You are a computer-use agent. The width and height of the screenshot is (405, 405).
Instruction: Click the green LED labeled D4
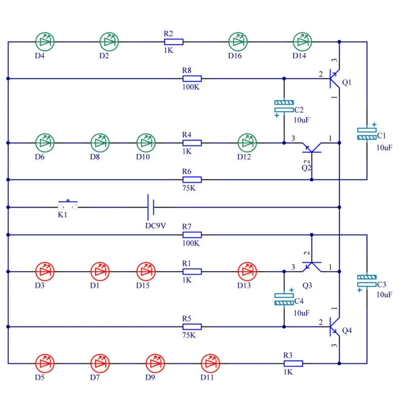click(x=45, y=42)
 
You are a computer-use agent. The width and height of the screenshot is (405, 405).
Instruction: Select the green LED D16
click(x=238, y=42)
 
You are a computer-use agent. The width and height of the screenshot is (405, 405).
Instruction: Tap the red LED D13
click(x=247, y=271)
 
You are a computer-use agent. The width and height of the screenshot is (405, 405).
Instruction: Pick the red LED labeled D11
click(x=210, y=363)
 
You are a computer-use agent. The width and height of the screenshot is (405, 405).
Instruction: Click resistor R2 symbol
click(x=174, y=42)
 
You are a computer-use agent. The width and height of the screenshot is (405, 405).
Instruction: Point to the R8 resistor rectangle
click(x=192, y=78)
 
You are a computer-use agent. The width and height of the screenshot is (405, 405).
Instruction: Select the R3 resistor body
click(x=293, y=363)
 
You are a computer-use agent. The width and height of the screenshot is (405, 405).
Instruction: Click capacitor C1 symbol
click(x=367, y=134)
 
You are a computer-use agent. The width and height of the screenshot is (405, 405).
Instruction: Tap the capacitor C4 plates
click(x=284, y=299)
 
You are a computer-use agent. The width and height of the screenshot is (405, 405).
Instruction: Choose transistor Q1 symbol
click(x=335, y=78)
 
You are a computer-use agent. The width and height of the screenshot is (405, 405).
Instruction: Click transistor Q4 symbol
click(x=335, y=327)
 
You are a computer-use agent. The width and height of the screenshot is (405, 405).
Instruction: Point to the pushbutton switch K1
click(x=68, y=205)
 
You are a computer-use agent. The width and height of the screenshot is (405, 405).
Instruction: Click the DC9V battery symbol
click(x=151, y=207)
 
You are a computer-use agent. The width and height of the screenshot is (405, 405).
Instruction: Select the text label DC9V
click(x=155, y=226)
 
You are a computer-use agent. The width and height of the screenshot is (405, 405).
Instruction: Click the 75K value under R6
click(x=189, y=188)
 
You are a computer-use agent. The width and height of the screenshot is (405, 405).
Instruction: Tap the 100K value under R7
click(x=191, y=243)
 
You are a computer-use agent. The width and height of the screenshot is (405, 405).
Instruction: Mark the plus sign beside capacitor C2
click(x=277, y=115)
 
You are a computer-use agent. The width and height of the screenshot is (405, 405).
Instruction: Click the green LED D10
click(x=146, y=143)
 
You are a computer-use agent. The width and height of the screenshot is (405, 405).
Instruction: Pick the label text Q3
click(x=307, y=286)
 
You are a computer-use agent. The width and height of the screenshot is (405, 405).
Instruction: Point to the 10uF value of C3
click(x=384, y=295)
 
